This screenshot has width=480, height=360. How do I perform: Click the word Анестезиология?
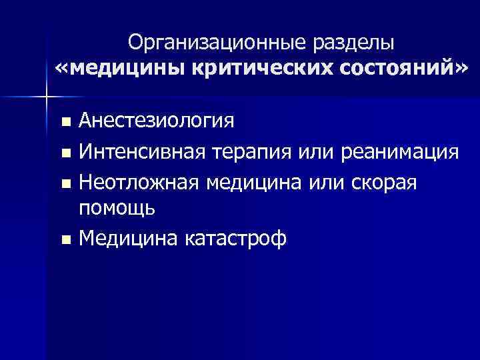[156, 122]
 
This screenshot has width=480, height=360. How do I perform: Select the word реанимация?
[399, 152]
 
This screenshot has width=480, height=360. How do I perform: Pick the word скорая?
[382, 181]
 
